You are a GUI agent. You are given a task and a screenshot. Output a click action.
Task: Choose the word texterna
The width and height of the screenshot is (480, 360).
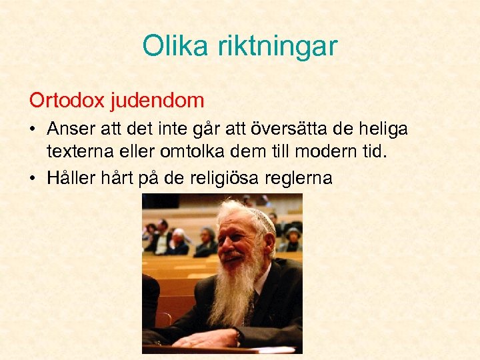click(x=79, y=152)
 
